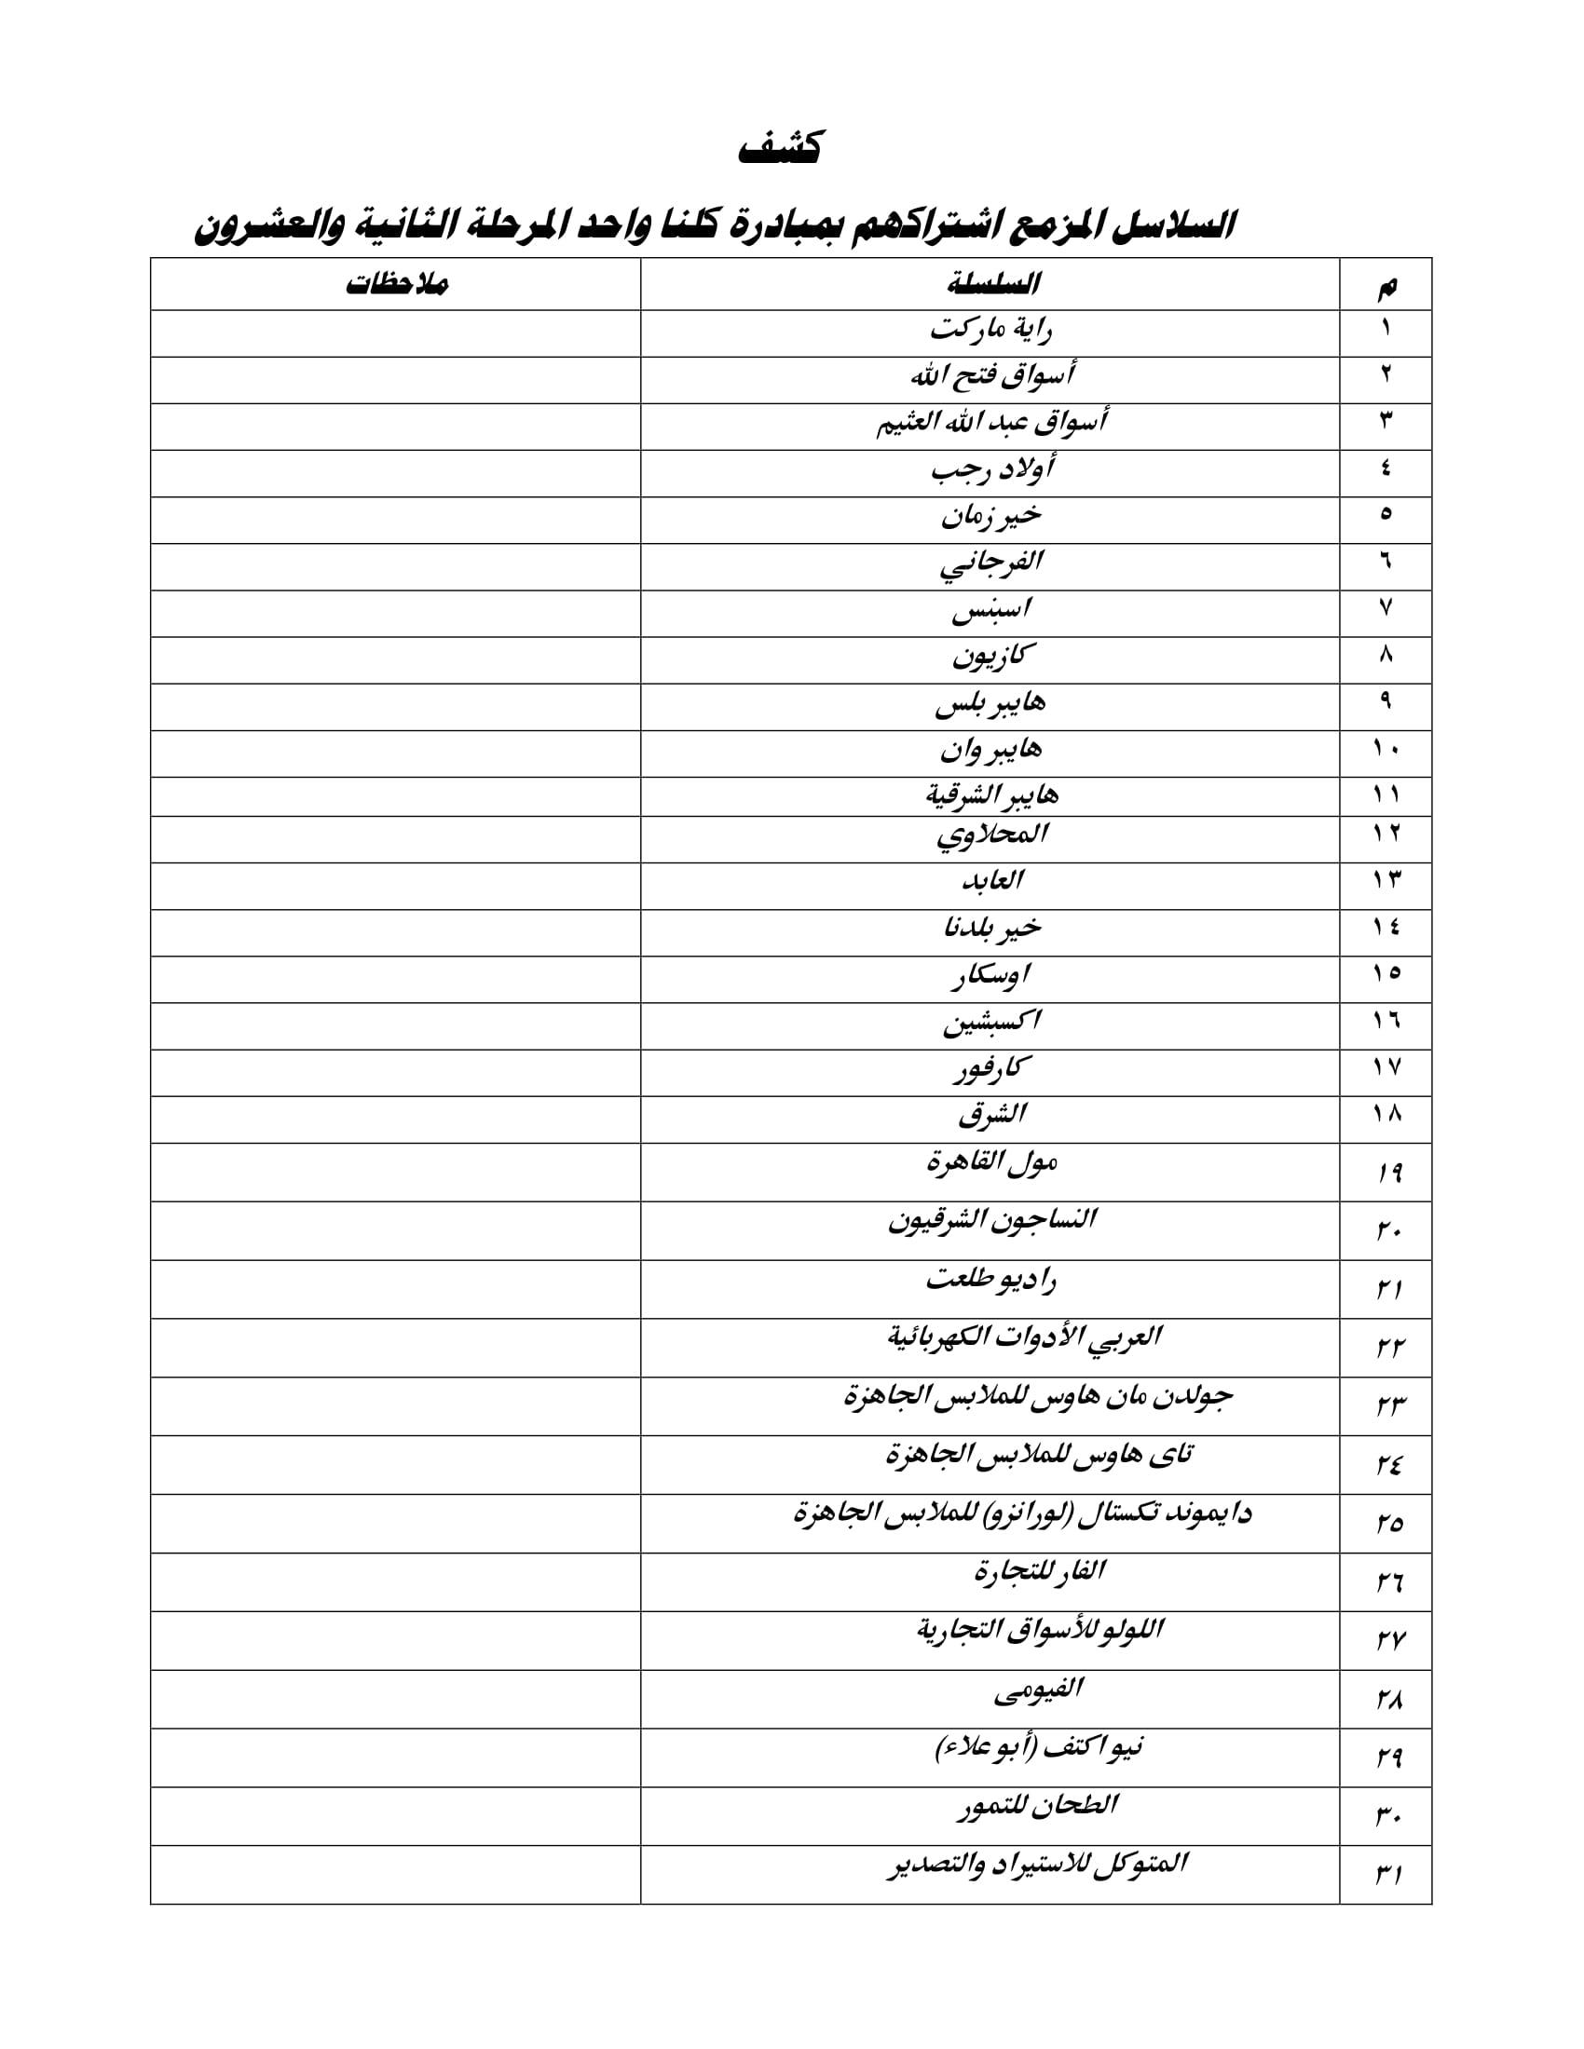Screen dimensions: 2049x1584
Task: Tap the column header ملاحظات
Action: point(396,284)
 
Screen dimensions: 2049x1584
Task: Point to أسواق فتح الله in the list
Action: point(991,377)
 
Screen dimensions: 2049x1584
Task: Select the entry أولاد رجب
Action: point(991,469)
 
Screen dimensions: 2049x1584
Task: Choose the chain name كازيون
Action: point(989,657)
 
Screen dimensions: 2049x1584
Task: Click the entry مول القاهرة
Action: point(991,1164)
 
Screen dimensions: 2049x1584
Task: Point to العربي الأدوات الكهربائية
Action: point(1024,1337)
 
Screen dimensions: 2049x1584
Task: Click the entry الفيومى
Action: point(1037,1690)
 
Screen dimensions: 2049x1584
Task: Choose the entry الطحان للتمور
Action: point(1036,1808)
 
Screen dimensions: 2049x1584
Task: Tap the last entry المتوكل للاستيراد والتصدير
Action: point(1036,1866)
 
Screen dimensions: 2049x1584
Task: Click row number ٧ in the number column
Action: point(1386,609)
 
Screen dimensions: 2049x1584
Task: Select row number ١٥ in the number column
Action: point(1386,975)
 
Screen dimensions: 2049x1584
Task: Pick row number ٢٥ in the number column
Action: point(1388,1525)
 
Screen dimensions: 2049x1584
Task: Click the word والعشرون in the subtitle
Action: point(267,228)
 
